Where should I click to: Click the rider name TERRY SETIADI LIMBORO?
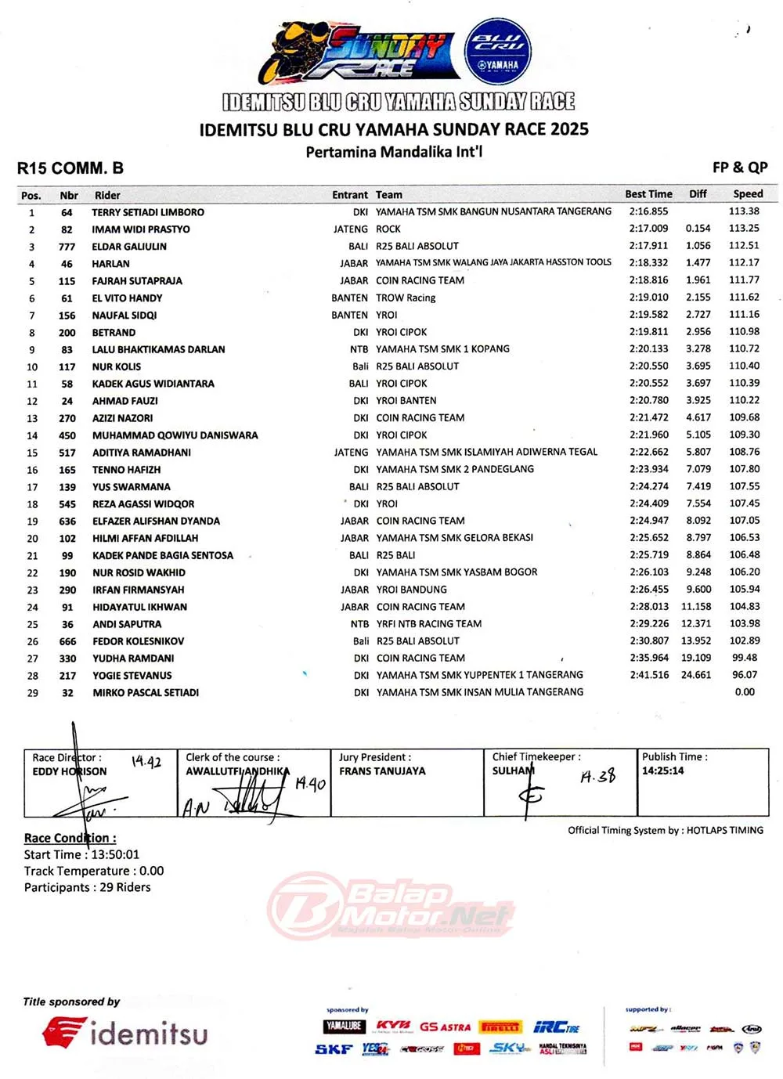[148, 212]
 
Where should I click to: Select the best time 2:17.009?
[648, 229]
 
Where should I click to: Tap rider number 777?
[67, 247]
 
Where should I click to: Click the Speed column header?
[747, 194]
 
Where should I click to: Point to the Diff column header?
[698, 194]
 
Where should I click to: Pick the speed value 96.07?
[744, 675]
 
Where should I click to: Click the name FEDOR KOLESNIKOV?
[139, 641]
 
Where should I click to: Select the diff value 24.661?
[696, 675]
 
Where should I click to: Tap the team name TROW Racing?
[406, 298]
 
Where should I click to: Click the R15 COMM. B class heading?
[70, 168]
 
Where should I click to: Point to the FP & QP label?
[739, 168]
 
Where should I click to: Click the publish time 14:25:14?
[662, 770]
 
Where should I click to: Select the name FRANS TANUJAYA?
[382, 771]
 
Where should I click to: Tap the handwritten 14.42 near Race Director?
[146, 762]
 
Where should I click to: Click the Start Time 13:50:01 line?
[81, 855]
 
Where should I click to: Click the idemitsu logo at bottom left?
[125, 1034]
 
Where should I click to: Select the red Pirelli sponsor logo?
[500, 1027]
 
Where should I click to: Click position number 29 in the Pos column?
[32, 693]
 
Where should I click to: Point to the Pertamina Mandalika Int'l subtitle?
[394, 152]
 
